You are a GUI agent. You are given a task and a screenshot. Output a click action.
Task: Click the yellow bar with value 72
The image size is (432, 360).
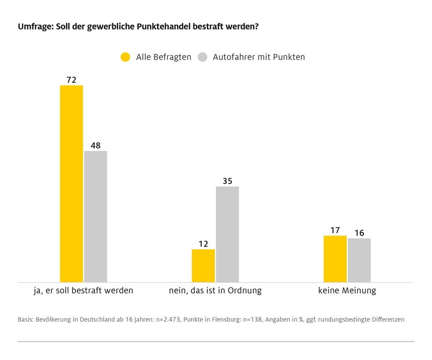(71, 184)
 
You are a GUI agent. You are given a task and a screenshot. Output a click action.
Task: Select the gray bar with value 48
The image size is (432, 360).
(96, 217)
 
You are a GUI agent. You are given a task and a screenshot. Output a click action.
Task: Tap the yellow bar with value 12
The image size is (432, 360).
(203, 265)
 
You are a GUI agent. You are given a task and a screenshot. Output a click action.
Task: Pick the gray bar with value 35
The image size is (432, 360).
(227, 234)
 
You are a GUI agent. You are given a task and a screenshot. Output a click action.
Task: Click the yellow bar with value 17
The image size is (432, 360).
(335, 259)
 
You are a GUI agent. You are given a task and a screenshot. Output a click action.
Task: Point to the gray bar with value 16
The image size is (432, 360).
(359, 260)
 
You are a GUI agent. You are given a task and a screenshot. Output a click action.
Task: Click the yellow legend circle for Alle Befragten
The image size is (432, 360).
(125, 57)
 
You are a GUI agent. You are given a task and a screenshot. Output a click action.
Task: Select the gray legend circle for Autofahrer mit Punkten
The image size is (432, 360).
(202, 57)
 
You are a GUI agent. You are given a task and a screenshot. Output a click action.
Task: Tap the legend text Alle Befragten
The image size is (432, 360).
(164, 57)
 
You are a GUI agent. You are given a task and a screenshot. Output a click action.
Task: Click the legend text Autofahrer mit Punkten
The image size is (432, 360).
(259, 57)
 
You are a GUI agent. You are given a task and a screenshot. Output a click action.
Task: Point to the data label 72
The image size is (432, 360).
(71, 80)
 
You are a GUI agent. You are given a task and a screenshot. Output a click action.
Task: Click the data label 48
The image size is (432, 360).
(96, 146)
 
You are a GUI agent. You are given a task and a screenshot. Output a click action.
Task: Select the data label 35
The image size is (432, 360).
(227, 181)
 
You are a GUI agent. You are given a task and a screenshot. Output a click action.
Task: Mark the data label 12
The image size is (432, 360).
(203, 244)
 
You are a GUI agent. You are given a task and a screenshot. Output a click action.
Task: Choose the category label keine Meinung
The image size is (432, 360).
(347, 291)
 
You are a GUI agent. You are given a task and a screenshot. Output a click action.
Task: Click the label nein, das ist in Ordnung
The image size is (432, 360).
(215, 291)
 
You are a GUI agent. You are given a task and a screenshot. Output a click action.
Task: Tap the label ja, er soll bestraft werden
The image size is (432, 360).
(83, 291)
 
